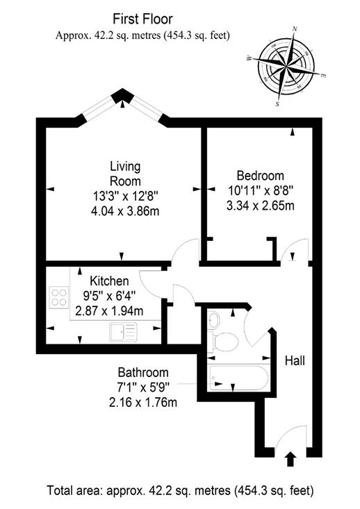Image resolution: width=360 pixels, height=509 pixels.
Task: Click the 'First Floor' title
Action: tap(142, 19)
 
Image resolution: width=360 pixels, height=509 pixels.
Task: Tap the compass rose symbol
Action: tap(286, 67)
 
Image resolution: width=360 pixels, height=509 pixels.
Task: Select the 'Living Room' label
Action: tap(125, 174)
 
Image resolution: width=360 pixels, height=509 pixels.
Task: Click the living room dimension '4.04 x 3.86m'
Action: tap(125, 211)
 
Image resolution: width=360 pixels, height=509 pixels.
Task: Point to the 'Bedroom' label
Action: tap(260, 176)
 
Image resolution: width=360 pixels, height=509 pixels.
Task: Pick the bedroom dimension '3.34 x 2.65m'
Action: tap(260, 206)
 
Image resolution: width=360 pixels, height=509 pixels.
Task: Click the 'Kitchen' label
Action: tap(109, 281)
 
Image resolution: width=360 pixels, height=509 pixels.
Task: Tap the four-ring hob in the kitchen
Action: tap(59, 297)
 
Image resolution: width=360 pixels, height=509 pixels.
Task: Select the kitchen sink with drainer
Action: tap(123, 332)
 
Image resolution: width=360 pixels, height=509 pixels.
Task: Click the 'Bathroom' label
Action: tap(143, 372)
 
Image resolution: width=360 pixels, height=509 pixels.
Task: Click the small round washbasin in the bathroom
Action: tap(213, 320)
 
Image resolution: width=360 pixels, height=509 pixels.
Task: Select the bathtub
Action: tap(239, 378)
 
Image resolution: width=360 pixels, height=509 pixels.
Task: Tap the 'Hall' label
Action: tap(295, 360)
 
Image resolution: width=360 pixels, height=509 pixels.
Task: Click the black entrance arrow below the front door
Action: tap(291, 459)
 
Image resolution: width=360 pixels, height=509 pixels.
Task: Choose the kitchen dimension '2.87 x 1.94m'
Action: tap(109, 311)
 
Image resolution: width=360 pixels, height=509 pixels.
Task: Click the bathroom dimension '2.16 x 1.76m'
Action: tap(143, 403)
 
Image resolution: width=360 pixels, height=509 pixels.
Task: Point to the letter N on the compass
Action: tap(295, 28)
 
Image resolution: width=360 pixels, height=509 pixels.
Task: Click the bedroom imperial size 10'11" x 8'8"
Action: tap(260, 190)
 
